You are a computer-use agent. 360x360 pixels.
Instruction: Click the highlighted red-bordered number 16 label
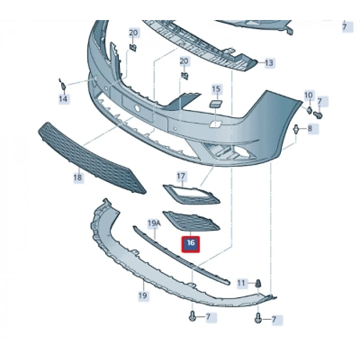click(x=191, y=244)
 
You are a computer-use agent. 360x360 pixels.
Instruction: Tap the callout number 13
click(x=269, y=63)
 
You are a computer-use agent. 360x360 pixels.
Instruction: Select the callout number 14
click(x=63, y=99)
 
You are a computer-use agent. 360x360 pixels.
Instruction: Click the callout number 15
click(x=216, y=89)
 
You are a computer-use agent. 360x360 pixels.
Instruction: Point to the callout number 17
click(x=181, y=176)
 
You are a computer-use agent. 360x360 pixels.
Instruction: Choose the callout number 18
click(x=78, y=177)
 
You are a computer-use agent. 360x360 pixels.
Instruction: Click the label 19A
click(x=154, y=223)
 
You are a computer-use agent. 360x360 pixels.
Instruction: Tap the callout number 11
click(x=241, y=283)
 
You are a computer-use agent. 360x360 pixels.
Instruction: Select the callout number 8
click(x=310, y=129)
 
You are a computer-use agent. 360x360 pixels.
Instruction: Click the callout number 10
click(x=309, y=95)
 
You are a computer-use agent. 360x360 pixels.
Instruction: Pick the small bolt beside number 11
click(x=258, y=283)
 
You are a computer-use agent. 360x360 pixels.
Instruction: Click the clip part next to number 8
click(x=296, y=130)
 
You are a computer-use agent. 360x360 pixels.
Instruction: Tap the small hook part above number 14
click(x=62, y=84)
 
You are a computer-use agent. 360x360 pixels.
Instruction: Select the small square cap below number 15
click(x=215, y=103)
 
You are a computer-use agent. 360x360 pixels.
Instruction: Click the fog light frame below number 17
click(x=191, y=194)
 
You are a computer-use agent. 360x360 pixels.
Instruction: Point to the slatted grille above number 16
click(x=191, y=221)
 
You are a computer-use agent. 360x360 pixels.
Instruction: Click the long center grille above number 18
click(x=92, y=158)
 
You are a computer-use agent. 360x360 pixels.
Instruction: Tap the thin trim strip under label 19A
click(x=182, y=256)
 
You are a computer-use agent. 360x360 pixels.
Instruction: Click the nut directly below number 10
click(x=309, y=110)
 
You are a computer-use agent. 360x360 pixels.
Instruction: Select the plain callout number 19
click(x=142, y=295)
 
